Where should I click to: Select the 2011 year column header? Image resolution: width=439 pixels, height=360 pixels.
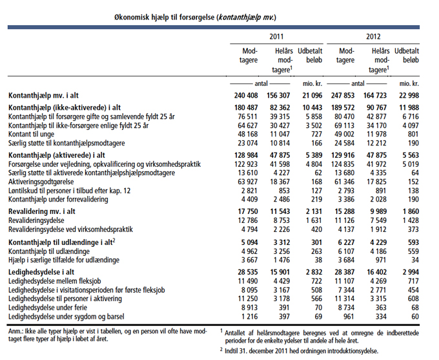[276, 37]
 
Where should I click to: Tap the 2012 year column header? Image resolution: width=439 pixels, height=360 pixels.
[373, 37]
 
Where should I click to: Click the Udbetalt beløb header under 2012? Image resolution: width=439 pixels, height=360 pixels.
[407, 56]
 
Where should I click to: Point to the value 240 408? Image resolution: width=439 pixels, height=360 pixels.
[246, 96]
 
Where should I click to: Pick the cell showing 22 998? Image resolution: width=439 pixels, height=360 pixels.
[409, 96]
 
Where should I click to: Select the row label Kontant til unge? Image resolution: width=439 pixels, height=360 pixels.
[32, 134]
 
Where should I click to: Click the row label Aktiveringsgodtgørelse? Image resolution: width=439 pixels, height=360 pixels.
[41, 182]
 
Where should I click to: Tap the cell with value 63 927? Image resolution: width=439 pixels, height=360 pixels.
[247, 182]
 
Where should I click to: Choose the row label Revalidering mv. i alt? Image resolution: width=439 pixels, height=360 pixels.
[42, 211]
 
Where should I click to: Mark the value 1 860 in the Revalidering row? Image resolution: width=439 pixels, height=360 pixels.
[411, 211]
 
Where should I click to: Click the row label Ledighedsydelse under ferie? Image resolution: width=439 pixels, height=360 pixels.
[48, 308]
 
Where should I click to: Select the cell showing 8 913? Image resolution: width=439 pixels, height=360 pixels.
[249, 308]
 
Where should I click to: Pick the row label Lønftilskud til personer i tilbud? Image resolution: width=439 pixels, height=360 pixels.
[70, 191]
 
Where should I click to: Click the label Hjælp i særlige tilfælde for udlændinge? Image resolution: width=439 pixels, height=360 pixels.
[64, 260]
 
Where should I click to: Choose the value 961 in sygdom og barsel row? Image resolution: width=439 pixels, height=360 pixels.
[348, 317]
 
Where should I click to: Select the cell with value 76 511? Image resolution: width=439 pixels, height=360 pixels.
[247, 116]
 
